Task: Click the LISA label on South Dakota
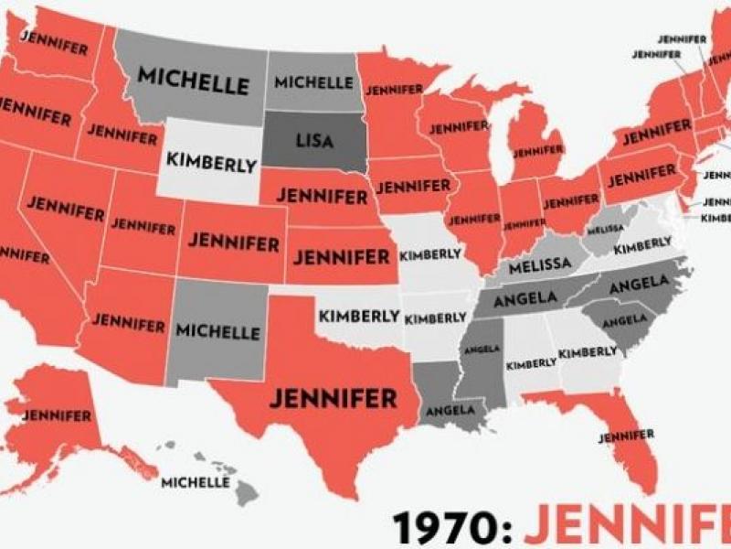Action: coord(316,141)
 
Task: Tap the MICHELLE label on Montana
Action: coord(193,80)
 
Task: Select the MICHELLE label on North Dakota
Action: coord(313,82)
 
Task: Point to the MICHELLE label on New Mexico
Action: coord(217,330)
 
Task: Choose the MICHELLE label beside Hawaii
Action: coord(195,481)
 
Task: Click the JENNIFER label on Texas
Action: coord(332,399)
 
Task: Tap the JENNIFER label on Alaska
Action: coord(57,414)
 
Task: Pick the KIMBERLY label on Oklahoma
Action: coord(360,317)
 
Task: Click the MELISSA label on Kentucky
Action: coord(540,264)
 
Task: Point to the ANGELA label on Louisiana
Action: coord(447,410)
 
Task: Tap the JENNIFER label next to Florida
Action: coord(628,434)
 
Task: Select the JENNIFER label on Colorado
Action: coord(233,243)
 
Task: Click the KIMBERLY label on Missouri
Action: coord(430,253)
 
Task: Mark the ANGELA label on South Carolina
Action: coord(625,319)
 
